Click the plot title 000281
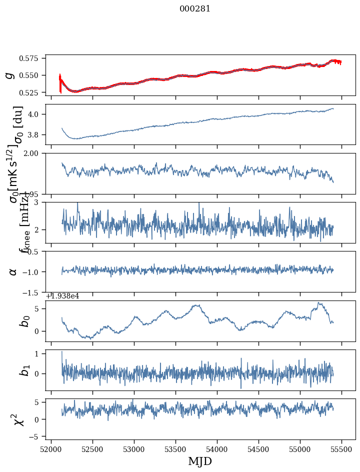point(195,9)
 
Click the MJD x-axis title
point(200,461)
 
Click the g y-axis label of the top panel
point(8,75)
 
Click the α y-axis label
point(13,271)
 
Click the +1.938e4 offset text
point(62,296)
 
